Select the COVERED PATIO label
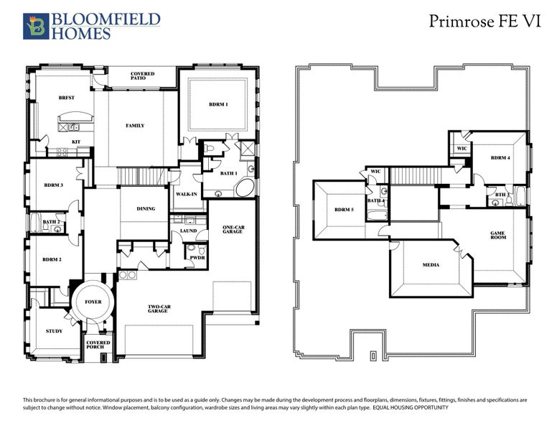[x=142, y=77]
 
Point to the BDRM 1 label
[x=218, y=105]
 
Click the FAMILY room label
[x=135, y=126]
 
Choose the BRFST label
[x=67, y=98]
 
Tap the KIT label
[x=75, y=142]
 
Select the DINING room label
[x=146, y=209]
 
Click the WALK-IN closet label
[x=187, y=194]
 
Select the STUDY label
[x=54, y=331]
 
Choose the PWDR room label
[x=195, y=257]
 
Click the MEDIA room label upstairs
[x=431, y=265]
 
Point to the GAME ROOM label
[x=497, y=235]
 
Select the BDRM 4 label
[x=500, y=157]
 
